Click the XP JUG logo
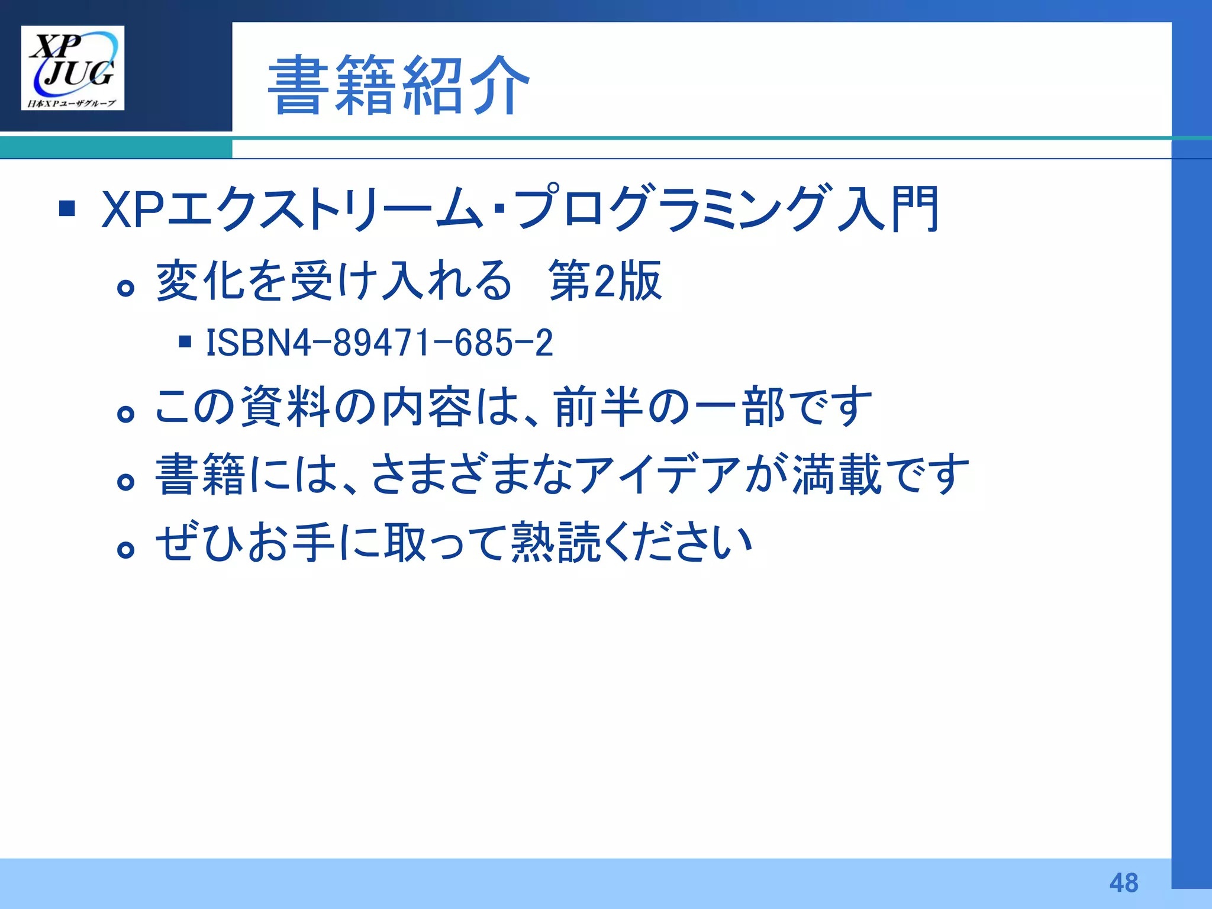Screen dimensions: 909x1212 pyautogui.click(x=73, y=67)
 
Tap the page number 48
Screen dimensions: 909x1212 pyautogui.click(x=1123, y=882)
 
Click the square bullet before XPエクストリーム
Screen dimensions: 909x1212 pyautogui.click(x=67, y=208)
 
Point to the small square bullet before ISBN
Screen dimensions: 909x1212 pyautogui.click(x=185, y=341)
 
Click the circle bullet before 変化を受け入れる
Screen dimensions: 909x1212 pyautogui.click(x=125, y=288)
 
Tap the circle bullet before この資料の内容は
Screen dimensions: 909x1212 pyautogui.click(x=125, y=414)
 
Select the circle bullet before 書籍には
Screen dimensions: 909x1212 pyautogui.click(x=125, y=482)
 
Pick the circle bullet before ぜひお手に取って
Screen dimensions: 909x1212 pyautogui.click(x=125, y=550)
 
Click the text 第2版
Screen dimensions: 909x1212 pyautogui.click(x=605, y=281)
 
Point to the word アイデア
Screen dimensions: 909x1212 pyautogui.click(x=658, y=475)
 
